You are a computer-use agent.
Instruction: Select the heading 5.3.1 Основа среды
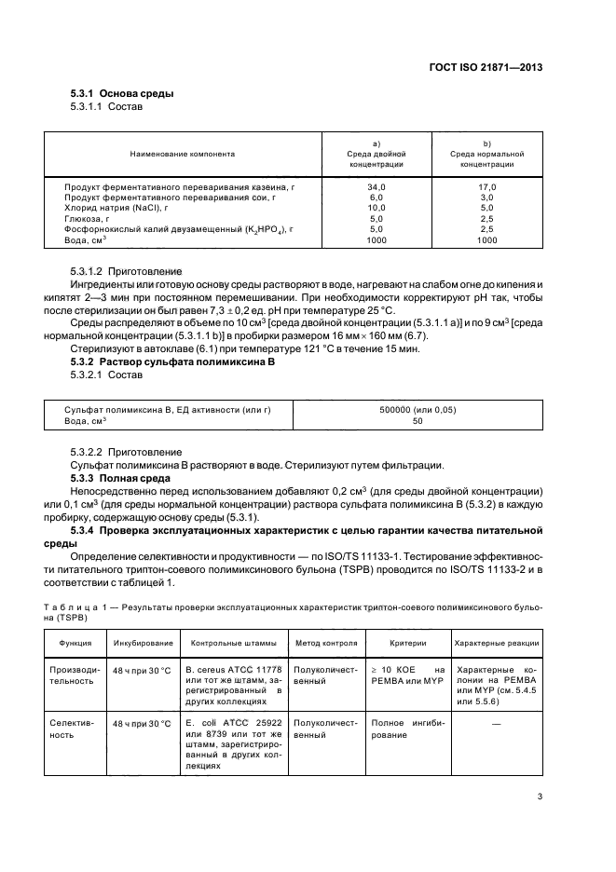point(122,94)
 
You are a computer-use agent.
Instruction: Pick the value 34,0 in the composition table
point(376,187)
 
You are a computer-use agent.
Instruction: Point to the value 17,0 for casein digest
point(486,187)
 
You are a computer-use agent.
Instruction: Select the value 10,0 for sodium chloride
point(376,208)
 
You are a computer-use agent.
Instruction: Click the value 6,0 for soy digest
point(376,198)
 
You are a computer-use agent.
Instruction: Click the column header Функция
point(75,643)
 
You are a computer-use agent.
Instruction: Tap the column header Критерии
point(407,643)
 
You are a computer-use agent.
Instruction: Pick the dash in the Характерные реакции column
point(496,723)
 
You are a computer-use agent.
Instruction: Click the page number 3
point(540,797)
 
